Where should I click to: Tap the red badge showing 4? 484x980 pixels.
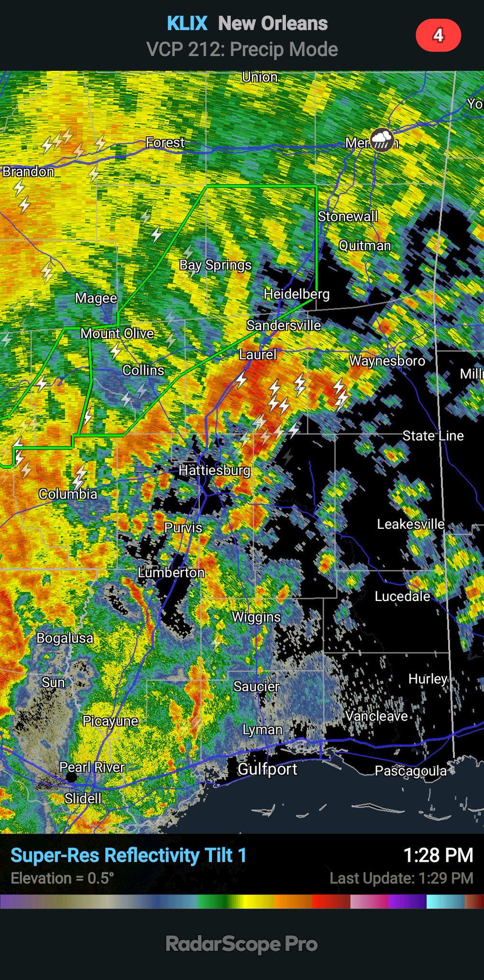[x=438, y=35]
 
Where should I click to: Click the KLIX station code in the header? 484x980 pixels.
[x=187, y=23]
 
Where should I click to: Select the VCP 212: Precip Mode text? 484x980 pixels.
[x=242, y=49]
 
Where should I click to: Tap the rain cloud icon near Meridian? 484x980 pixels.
[x=382, y=140]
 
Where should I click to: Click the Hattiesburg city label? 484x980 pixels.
[x=214, y=470]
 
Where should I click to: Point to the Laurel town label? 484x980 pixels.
[x=258, y=355]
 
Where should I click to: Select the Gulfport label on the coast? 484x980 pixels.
[x=267, y=769]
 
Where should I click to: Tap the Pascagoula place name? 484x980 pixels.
[x=410, y=771]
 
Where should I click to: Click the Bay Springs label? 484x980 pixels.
[x=215, y=265]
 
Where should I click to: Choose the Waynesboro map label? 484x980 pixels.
[x=387, y=361]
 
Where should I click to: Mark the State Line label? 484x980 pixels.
[x=433, y=435]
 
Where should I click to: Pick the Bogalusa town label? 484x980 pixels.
[x=65, y=638]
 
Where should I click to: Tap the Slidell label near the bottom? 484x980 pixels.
[x=83, y=798]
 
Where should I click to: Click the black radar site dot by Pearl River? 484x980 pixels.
[x=71, y=777]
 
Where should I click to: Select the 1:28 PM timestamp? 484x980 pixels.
[x=438, y=855]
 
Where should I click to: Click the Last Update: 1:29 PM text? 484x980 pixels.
[x=401, y=878]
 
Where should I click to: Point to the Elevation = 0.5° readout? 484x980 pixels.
[x=62, y=878]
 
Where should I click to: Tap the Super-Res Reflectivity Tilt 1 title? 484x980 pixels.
[x=128, y=855]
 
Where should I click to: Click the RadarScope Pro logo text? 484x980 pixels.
[x=242, y=944]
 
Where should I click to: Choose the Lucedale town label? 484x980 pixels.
[x=402, y=596]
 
